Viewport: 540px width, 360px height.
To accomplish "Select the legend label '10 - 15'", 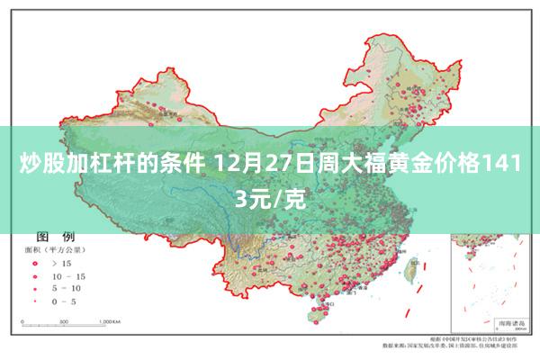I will click(69, 276).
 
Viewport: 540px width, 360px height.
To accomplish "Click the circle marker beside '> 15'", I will click(35, 264).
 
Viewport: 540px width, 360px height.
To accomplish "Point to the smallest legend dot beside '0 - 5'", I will click(35, 301).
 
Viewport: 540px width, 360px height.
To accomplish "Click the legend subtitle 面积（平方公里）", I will click(54, 249).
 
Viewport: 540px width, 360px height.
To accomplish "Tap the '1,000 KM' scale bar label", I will click(110, 320).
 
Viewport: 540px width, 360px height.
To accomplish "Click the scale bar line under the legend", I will click(67, 326).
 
